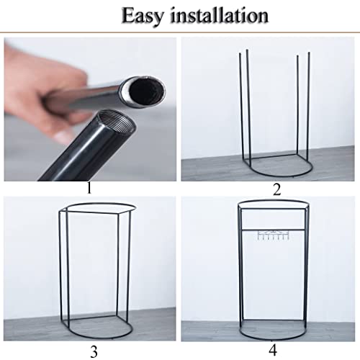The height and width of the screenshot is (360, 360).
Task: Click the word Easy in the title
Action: click(143, 16)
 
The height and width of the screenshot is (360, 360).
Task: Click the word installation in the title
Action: click(219, 15)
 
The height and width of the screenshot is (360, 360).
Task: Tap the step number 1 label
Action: click(89, 188)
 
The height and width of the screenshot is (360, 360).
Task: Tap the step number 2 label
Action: click(276, 189)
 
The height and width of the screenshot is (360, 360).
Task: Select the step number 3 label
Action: click(94, 351)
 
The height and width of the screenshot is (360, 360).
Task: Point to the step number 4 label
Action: click(272, 350)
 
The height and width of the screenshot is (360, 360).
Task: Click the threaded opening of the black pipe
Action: click(117, 120)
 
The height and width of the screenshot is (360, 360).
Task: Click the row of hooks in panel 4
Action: click(272, 235)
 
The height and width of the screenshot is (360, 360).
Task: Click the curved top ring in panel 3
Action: click(101, 204)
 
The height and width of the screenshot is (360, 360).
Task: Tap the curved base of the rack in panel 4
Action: click(273, 339)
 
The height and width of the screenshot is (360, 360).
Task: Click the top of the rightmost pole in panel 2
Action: click(309, 53)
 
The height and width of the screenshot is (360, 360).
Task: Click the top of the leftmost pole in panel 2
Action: click(240, 54)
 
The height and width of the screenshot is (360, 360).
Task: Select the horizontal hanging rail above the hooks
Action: click(274, 230)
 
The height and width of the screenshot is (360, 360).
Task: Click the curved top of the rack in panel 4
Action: click(273, 201)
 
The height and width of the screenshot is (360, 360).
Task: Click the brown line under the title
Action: click(180, 32)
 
